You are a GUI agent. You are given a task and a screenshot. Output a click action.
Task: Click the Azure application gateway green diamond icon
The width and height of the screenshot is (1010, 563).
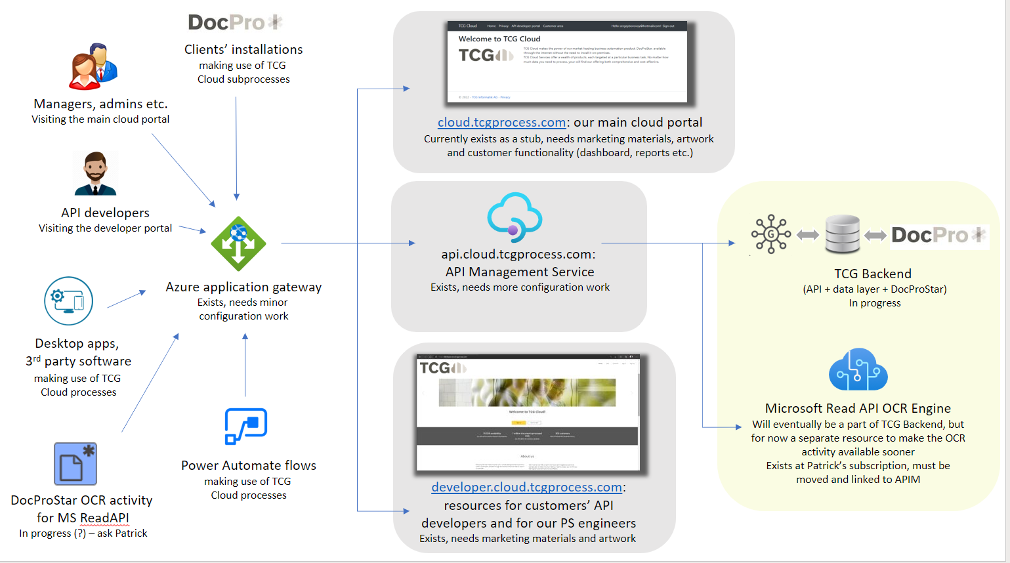238,243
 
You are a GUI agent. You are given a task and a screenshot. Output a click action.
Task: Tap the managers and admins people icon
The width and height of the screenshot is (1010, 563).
93,66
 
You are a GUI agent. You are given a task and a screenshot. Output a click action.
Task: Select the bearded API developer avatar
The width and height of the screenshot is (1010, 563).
96,173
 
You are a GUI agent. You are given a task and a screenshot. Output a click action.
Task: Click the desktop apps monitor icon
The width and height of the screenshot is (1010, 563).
68,301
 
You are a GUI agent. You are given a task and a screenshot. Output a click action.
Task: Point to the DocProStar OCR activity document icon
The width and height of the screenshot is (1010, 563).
75,463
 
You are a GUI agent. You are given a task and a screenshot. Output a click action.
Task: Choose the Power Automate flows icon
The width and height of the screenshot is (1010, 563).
246,427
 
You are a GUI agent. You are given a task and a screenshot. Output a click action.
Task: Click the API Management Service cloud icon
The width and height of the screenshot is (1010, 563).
515,217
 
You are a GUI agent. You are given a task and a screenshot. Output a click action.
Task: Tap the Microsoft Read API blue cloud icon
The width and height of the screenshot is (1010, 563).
858,370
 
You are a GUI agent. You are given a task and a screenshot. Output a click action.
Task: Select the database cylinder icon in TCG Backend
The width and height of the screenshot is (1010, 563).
842,234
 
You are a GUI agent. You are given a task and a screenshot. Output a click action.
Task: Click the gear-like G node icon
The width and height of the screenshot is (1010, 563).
771,234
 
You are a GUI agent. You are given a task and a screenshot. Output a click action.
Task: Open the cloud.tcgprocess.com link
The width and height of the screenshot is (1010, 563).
501,123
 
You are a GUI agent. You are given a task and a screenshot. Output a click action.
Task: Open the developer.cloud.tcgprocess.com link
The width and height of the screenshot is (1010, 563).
526,488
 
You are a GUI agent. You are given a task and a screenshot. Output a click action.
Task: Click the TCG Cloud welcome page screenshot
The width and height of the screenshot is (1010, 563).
567,62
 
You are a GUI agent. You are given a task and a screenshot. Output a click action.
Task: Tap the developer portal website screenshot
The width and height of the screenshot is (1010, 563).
528,413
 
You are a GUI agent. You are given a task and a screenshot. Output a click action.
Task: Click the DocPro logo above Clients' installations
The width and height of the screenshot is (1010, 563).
235,22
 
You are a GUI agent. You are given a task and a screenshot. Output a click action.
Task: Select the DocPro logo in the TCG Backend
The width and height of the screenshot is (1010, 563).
938,235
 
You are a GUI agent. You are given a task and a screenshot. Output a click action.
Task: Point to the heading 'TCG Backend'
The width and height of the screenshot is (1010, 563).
872,274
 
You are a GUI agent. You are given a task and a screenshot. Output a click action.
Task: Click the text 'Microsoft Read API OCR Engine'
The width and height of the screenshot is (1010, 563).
858,408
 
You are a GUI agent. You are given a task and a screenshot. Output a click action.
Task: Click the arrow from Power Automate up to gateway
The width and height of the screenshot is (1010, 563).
245,364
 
